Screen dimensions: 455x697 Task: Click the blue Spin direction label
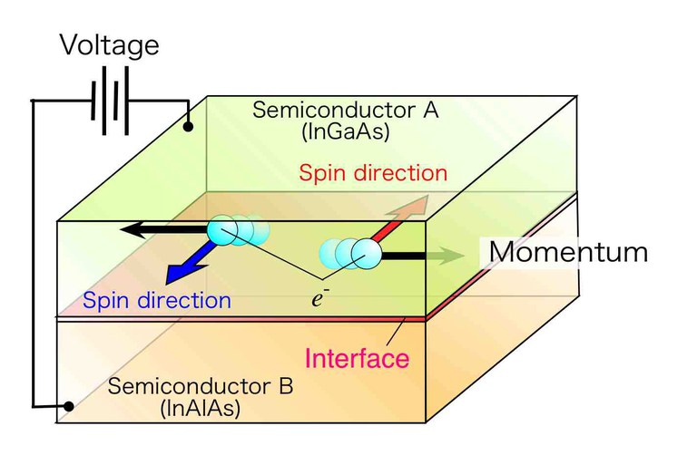156,301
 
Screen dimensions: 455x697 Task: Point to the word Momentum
569,251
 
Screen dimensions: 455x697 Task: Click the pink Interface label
356,357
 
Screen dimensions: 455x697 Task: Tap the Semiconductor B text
201,386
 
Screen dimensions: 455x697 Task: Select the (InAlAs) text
200,408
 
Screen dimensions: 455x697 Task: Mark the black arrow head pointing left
131,230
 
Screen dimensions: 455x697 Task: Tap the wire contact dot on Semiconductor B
67,405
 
